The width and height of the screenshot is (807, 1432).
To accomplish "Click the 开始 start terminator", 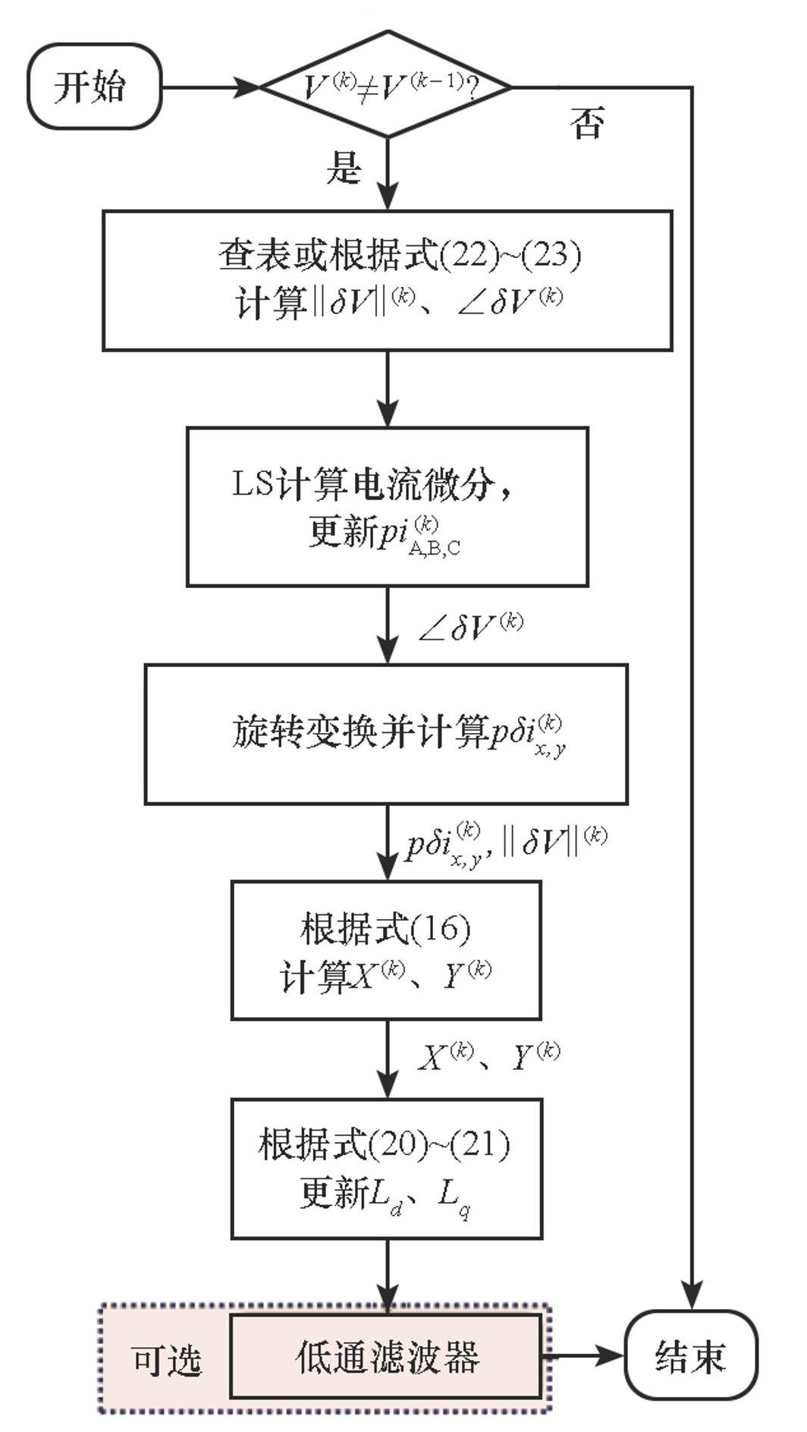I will (x=94, y=87).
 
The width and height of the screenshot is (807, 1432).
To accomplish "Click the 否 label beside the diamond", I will (x=588, y=123).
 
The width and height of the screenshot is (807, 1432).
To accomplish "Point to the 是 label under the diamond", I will (x=344, y=167).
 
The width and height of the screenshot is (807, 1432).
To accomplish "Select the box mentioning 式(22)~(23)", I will (x=387, y=281).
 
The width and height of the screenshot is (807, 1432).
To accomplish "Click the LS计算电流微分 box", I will (x=387, y=506).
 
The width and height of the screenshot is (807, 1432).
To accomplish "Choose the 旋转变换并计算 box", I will (x=385, y=734).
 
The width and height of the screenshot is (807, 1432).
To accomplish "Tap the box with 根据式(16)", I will (x=385, y=950).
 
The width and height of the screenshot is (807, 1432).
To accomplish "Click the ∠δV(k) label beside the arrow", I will (x=471, y=627).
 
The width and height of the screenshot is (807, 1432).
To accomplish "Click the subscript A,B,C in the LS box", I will (x=434, y=549).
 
